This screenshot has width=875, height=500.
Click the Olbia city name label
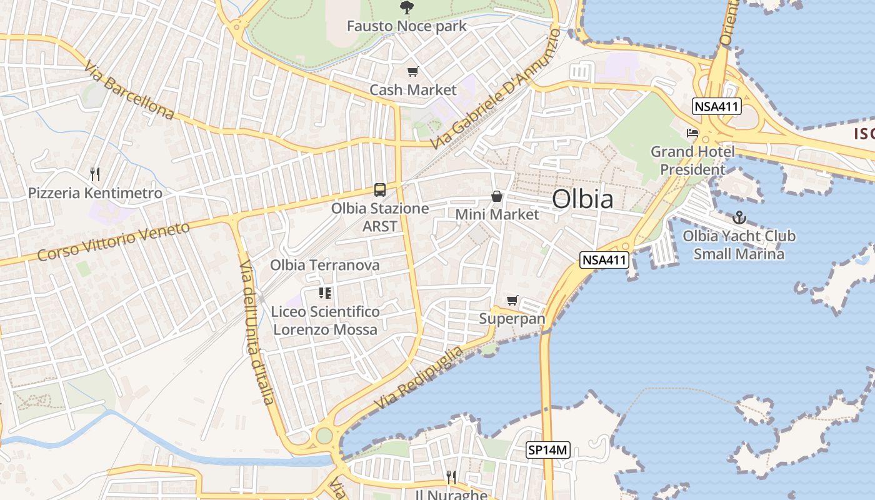pos(582,199)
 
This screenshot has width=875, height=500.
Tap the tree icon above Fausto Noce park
pos(406,8)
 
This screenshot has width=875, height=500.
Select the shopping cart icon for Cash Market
pos(412,72)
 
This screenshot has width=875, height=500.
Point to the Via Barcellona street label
pos(129,91)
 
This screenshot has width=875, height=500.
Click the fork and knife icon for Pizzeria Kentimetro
pos(95,174)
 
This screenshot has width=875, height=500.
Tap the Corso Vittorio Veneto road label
pos(113,242)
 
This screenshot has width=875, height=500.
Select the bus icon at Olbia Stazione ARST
pos(379,189)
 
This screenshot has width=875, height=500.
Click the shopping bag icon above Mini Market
pos(497,196)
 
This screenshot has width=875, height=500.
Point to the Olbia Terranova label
pos(324,265)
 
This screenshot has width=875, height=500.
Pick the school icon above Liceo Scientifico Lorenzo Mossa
pos(324,292)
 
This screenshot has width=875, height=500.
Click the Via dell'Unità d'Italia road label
pos(257,332)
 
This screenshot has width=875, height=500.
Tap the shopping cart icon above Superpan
pos(512,301)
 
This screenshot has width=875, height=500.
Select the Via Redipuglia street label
pos(420,377)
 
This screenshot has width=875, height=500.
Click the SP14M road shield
pos(547,449)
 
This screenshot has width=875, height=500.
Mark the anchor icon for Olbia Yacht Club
pos(739,217)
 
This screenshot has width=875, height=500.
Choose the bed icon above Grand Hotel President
pos(692,133)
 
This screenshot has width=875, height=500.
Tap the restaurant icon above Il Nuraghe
pos(451,477)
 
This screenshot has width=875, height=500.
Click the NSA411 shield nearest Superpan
pos(604,260)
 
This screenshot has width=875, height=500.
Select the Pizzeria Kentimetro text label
pos(95,193)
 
